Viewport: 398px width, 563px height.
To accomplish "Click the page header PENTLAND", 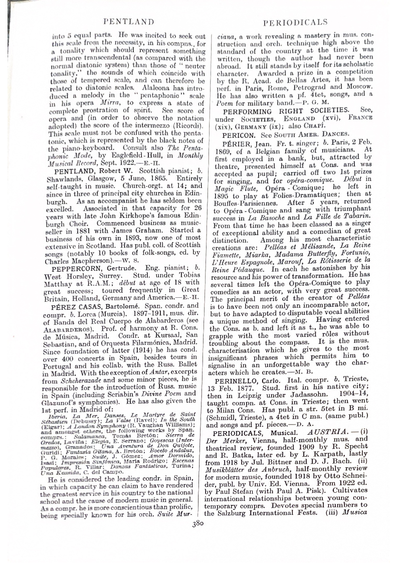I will [x=128, y=22].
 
